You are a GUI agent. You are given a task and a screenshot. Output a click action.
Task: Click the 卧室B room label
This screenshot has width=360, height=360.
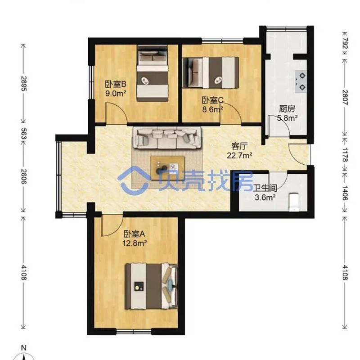point(116,84)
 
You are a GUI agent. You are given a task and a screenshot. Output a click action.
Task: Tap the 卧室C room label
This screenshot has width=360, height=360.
point(212,100)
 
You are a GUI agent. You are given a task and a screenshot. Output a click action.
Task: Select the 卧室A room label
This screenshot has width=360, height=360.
point(134,234)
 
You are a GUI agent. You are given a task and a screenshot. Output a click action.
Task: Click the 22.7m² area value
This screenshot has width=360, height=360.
point(239,155)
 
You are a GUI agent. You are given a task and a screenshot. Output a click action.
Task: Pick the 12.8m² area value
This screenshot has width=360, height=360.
point(134,243)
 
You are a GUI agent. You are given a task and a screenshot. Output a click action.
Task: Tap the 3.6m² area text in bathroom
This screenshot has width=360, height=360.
point(265,197)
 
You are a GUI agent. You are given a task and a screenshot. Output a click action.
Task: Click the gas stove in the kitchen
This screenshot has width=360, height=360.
point(301,81)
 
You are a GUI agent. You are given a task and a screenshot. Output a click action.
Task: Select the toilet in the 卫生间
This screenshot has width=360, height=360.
point(294,202)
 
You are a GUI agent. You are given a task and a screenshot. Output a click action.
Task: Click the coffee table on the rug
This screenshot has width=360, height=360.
point(167,168)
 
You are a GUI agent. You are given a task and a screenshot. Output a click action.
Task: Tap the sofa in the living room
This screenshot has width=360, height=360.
point(167,139)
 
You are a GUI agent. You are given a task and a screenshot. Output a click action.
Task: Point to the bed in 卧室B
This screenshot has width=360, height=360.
point(153,73)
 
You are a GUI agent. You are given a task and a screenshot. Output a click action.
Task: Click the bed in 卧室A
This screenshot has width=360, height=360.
point(152,286)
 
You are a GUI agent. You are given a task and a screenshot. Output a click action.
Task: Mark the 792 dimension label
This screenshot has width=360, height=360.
point(345,43)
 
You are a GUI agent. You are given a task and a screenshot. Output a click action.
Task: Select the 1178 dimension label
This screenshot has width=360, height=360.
point(345,155)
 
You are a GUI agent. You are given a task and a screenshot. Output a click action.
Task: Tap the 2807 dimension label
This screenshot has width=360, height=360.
point(345,97)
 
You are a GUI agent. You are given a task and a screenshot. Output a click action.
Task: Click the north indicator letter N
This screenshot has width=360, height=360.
point(23,348)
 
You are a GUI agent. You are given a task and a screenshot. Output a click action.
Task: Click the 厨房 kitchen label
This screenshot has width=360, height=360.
point(287,108)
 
